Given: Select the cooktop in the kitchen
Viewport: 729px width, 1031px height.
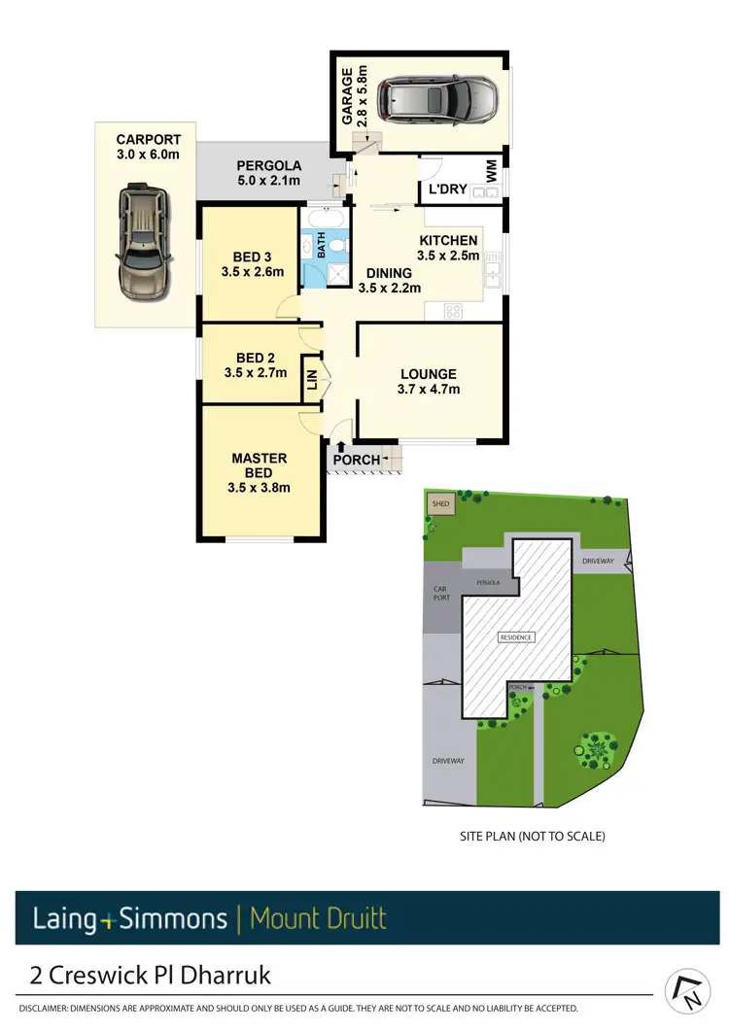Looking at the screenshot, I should pyautogui.click(x=453, y=311).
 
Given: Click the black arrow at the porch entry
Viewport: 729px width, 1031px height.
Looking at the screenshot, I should pyautogui.click(x=340, y=447).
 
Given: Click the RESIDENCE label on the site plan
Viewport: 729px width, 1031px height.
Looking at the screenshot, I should pyautogui.click(x=515, y=637).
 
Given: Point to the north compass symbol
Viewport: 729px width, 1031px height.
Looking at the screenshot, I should pyautogui.click(x=688, y=991).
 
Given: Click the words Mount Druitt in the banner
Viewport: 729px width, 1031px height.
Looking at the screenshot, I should pyautogui.click(x=318, y=918).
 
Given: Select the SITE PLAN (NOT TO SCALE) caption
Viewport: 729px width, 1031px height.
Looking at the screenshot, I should pyautogui.click(x=532, y=836).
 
